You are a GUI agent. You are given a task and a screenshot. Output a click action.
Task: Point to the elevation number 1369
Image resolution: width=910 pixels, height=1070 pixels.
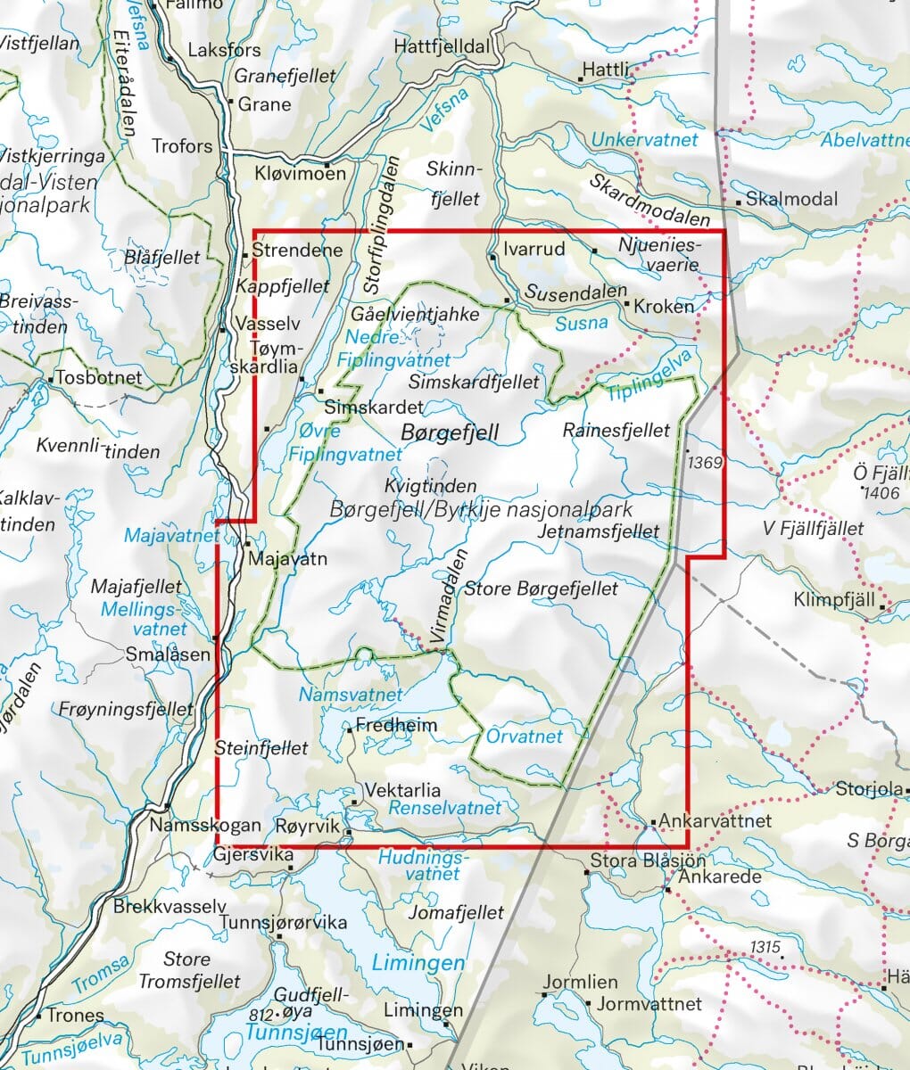[x=704, y=463]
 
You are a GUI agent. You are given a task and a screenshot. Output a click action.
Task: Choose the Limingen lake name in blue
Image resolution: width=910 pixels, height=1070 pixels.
[x=418, y=963]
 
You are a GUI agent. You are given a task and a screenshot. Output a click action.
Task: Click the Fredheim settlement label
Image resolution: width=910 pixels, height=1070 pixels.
[x=396, y=725]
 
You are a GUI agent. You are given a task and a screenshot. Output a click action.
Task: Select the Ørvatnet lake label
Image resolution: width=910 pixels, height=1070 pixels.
[x=525, y=737]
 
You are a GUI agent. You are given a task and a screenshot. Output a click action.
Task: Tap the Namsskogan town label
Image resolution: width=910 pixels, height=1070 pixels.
[x=205, y=826]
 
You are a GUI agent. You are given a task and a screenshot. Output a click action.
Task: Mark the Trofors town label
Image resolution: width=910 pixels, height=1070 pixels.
[x=183, y=145]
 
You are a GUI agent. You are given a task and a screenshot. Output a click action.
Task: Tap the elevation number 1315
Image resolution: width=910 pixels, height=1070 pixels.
[x=765, y=947]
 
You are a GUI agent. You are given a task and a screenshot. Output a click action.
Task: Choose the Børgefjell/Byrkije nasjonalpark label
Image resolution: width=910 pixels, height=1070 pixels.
[x=481, y=510]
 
